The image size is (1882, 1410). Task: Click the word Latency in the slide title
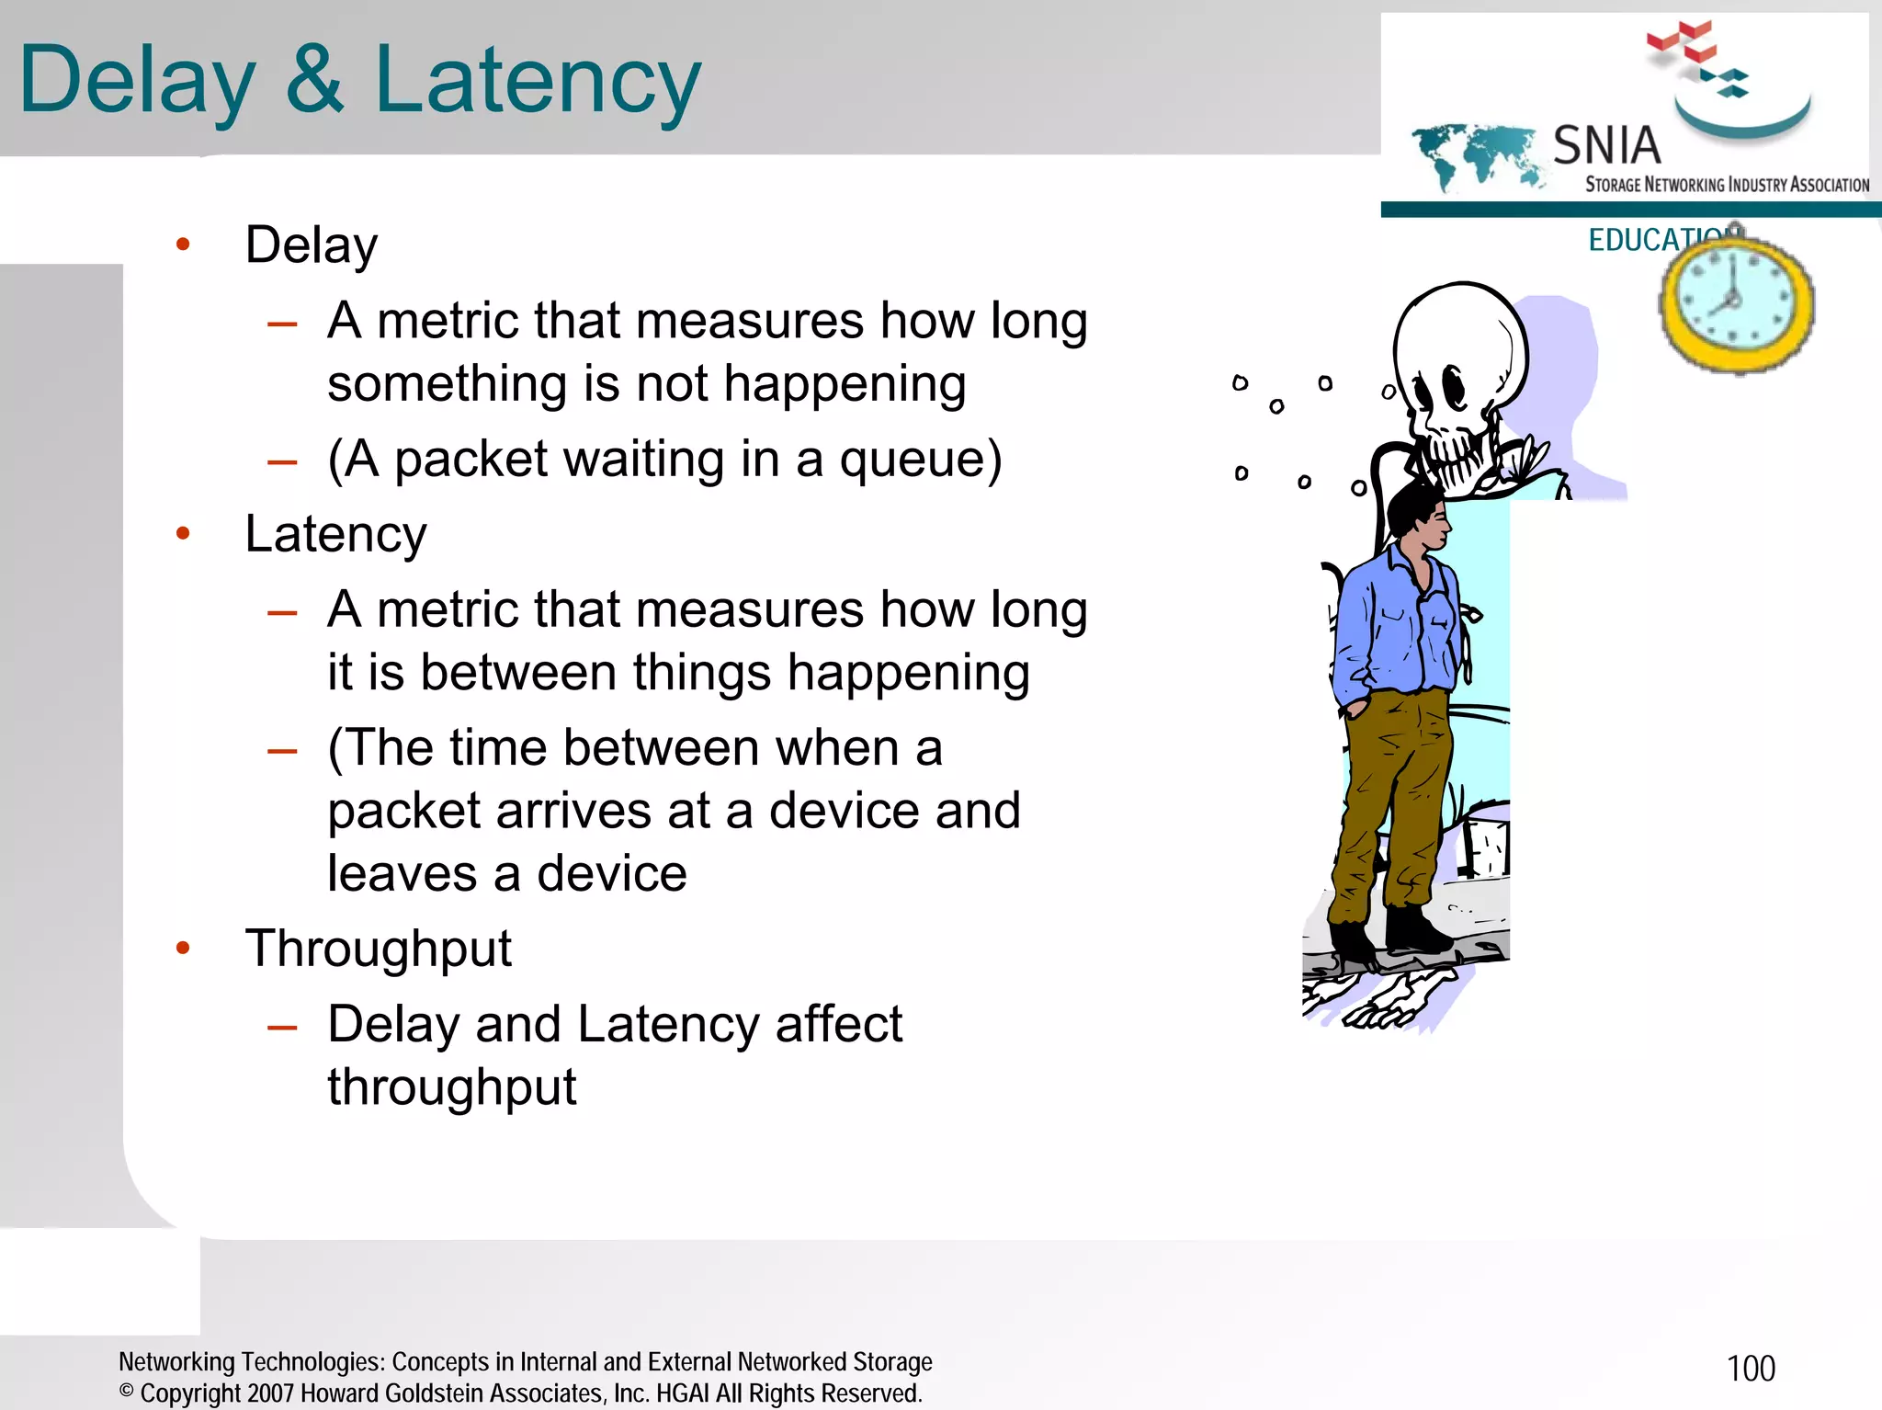tap(538, 81)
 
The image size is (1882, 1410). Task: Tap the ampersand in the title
tap(314, 81)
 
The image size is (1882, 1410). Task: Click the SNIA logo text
tap(1606, 145)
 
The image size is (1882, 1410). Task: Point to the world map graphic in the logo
tap(1475, 154)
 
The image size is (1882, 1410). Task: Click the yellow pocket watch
tap(1735, 303)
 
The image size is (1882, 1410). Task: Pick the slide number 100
tap(1751, 1369)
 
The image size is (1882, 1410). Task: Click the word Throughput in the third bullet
tap(378, 949)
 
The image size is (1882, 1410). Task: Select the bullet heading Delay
tap(312, 245)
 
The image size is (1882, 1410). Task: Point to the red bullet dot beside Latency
tap(183, 533)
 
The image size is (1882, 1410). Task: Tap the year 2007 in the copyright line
tap(271, 1393)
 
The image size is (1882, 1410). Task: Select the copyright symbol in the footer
tap(127, 1392)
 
